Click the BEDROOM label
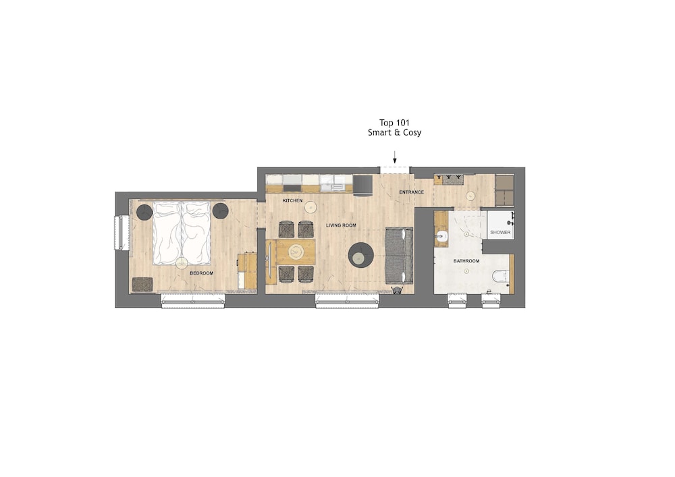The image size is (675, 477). [201, 273]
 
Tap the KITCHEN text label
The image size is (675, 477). [292, 200]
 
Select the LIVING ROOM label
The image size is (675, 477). [341, 225]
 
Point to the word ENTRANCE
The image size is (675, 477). [411, 192]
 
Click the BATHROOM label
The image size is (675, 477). [466, 260]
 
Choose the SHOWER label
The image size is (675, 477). [500, 232]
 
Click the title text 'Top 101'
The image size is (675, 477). [394, 123]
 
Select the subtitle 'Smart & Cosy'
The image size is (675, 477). [394, 132]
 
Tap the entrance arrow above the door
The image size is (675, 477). [395, 157]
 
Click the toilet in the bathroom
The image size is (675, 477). [501, 275]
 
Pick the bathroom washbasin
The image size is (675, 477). [441, 235]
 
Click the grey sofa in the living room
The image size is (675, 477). [399, 256]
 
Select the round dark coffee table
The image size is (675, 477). [361, 256]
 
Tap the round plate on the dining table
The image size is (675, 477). [296, 252]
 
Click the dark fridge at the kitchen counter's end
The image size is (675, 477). [363, 185]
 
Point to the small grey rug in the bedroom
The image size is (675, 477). [142, 284]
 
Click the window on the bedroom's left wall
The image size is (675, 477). [122, 233]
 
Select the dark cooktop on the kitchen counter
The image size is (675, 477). [292, 188]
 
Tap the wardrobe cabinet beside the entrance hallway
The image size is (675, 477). [504, 190]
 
